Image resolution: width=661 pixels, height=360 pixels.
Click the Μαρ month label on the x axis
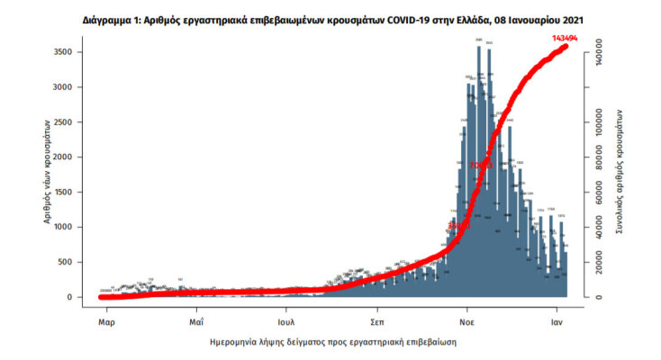point(104,319)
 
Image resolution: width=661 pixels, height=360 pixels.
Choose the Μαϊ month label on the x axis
point(195,319)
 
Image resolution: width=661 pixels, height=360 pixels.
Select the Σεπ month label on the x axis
point(377,319)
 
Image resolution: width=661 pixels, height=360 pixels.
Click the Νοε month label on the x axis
point(467,319)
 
